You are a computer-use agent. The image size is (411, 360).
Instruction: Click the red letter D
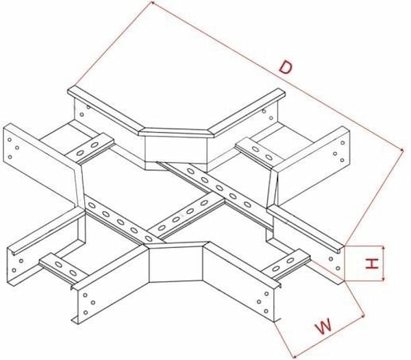[286, 67]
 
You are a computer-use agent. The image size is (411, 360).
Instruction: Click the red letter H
[372, 263]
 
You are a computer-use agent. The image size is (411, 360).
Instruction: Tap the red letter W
[324, 326]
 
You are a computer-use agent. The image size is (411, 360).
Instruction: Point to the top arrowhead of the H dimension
[384, 248]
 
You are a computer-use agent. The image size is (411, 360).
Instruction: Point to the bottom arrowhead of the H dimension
[384, 280]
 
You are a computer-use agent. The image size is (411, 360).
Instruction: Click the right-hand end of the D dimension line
[403, 149]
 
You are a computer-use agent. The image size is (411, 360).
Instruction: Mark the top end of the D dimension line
[152, 2]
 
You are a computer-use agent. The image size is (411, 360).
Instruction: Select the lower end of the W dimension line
[294, 357]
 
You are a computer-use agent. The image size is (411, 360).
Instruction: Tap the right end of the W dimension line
[364, 316]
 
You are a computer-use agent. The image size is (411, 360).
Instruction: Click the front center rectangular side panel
[175, 264]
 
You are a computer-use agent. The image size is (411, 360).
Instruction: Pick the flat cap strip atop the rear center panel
[176, 133]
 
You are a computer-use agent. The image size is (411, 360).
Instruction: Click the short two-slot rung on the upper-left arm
[90, 148]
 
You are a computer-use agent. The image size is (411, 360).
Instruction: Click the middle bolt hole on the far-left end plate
[17, 148]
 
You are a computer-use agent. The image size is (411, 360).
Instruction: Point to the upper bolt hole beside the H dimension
[331, 259]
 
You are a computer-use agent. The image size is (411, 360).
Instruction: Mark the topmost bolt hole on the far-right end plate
[342, 142]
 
